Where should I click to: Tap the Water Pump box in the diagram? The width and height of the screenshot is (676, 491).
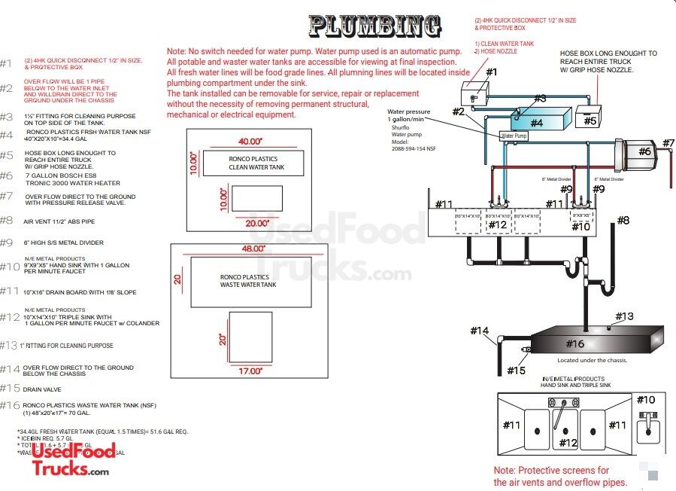pos(514,136)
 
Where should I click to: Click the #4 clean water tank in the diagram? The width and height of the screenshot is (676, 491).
pos(535,121)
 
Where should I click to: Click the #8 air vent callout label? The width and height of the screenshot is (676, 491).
pos(623,220)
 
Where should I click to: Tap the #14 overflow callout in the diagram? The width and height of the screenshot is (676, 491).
pos(480,331)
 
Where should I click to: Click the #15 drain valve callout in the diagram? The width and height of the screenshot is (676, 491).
pos(516,370)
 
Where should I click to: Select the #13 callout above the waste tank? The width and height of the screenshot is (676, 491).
pos(624,316)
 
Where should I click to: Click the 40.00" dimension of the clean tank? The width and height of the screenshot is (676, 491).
pos(250,142)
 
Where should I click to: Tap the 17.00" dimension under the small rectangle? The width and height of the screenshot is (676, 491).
pos(250,371)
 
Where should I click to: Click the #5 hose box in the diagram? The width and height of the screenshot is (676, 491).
pos(589,120)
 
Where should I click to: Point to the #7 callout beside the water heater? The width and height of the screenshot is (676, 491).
pos(668,143)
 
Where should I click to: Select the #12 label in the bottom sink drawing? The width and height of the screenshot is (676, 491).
pos(568,444)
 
